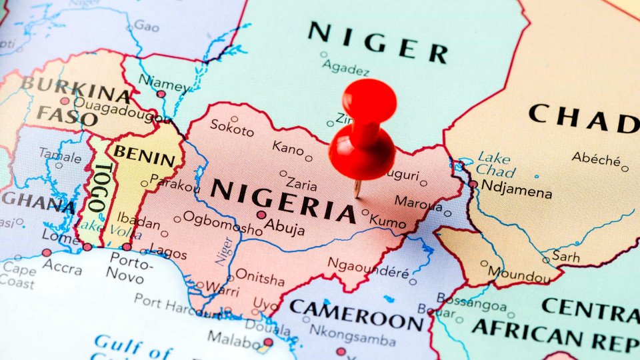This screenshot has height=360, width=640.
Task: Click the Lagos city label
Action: click(168, 252)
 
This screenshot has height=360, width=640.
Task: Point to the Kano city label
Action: click(288, 148)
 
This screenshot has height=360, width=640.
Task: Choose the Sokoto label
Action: click(232, 127)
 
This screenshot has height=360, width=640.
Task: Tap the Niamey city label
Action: click(163, 85)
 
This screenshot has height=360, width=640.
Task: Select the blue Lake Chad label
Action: click(495, 164)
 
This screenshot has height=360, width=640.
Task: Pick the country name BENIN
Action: click(147, 155)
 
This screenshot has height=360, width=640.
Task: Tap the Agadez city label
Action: click(345, 67)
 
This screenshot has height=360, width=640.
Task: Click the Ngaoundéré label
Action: click(367, 267)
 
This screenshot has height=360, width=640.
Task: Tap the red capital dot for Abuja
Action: click(261, 215)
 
